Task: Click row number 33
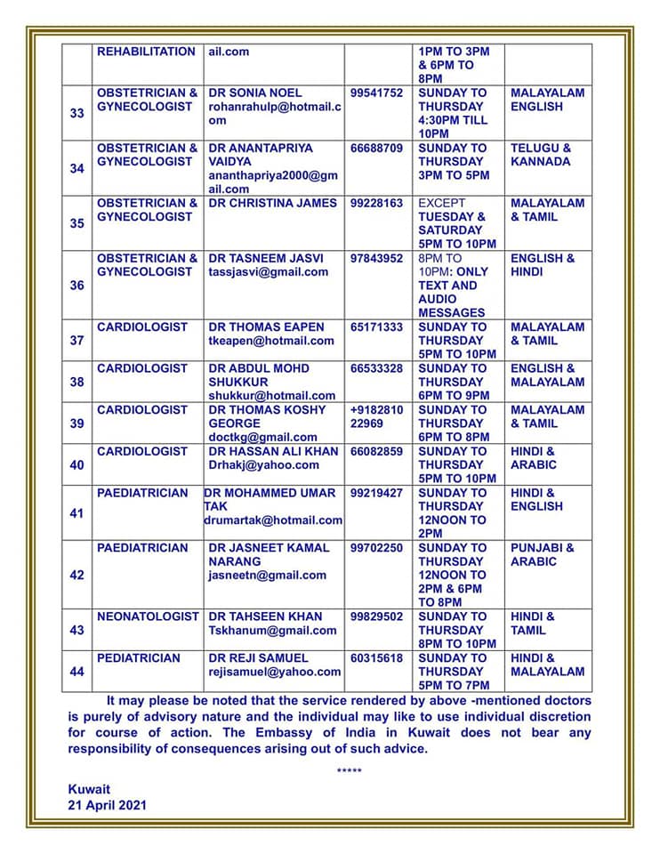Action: click(76, 113)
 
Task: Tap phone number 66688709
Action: click(376, 148)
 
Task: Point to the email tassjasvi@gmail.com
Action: click(268, 272)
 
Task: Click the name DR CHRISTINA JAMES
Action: click(272, 203)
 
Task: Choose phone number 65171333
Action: click(376, 327)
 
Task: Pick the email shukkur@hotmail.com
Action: click(271, 396)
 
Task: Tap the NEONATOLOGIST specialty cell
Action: click(148, 616)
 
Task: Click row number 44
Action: click(76, 672)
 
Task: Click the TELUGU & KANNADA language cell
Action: click(541, 155)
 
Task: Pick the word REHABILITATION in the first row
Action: click(146, 52)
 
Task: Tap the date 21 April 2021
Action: click(108, 805)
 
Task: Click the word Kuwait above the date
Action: click(89, 789)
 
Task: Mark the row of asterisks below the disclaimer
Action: click(350, 769)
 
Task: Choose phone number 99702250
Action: click(376, 548)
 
